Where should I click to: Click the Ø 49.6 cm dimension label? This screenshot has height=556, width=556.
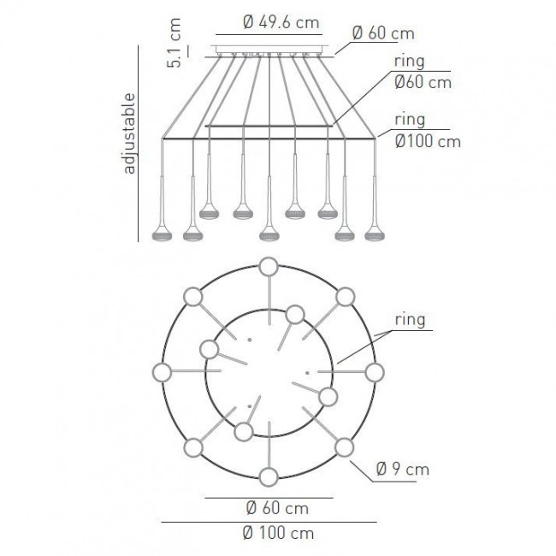tap(281, 23)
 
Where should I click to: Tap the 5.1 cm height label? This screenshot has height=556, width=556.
tap(174, 43)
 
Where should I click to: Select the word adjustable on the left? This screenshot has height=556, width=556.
tap(128, 133)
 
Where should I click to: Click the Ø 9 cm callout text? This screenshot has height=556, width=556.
tap(403, 469)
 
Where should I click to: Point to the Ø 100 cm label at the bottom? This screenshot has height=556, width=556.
tap(278, 533)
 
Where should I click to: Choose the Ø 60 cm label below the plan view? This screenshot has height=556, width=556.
tap(277, 508)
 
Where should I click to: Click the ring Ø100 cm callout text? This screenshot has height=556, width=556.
tap(428, 131)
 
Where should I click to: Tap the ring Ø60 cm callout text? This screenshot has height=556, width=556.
tap(423, 72)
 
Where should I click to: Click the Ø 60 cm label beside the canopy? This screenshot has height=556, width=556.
tap(383, 33)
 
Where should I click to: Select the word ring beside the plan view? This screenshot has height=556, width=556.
tap(410, 320)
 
